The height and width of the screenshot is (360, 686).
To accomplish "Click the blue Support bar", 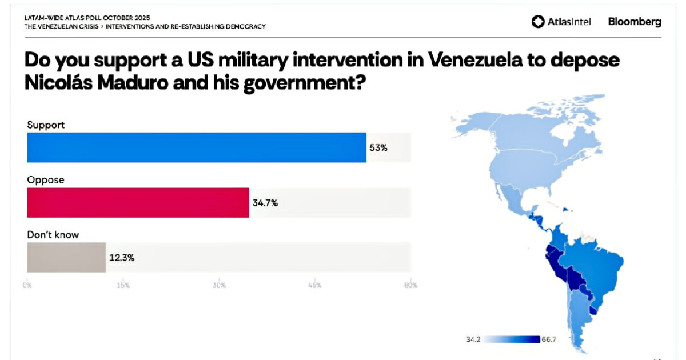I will [x=196, y=147].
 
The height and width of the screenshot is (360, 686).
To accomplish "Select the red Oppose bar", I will [x=138, y=202].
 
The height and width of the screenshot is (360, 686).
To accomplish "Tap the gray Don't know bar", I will [x=66, y=257].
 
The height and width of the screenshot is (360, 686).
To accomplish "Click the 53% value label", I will [x=378, y=147].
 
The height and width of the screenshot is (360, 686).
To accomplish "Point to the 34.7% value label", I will [x=265, y=202].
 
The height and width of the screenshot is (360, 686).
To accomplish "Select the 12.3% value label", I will [x=121, y=257].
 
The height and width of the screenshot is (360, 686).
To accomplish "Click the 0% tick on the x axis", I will [x=27, y=285].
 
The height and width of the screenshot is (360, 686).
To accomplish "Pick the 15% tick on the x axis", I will [x=123, y=285].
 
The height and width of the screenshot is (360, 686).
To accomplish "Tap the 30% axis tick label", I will [x=219, y=285].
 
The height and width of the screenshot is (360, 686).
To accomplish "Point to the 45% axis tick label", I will [x=315, y=285].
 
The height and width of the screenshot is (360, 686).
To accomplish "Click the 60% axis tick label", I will [x=410, y=285].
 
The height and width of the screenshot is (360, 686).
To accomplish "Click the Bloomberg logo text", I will [x=635, y=22].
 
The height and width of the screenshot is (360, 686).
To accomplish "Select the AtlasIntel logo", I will [x=561, y=22].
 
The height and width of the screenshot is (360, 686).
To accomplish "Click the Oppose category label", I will [x=46, y=179].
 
